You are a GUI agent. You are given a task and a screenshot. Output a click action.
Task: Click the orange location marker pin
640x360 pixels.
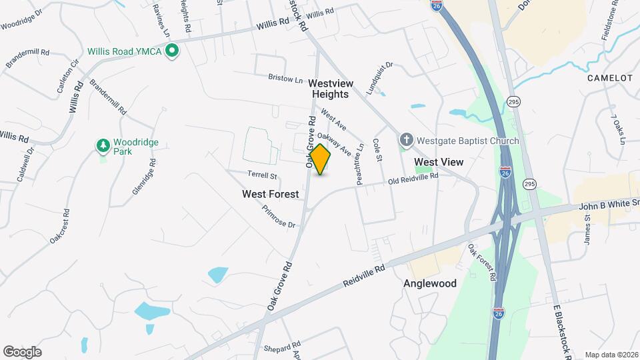pyautogui.click(x=321, y=159)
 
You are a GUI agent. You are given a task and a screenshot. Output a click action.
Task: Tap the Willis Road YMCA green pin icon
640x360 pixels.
pyautogui.click(x=172, y=51)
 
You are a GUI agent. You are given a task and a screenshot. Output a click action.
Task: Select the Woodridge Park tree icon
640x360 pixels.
pyautogui.click(x=103, y=145)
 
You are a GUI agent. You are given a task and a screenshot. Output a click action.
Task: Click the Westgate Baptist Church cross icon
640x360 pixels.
pyautogui.click(x=406, y=140)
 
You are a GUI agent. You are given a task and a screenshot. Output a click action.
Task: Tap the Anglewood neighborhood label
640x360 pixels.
pyautogui.click(x=430, y=283)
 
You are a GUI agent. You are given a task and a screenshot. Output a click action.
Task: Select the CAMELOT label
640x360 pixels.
pyautogui.click(x=609, y=78)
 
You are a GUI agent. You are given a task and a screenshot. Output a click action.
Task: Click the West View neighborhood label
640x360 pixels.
pyautogui.click(x=439, y=162)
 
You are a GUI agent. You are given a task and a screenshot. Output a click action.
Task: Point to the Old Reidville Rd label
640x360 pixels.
pyautogui.click(x=413, y=179)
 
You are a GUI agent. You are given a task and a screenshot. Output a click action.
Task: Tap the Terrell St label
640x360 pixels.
pyautogui.click(x=262, y=175)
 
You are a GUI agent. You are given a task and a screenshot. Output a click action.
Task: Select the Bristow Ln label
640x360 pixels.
pyautogui.click(x=285, y=78)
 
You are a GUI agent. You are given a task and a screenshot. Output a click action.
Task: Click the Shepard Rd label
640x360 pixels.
pyautogui.click(x=282, y=347)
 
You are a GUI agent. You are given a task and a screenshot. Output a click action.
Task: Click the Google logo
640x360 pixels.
pyautogui.click(x=22, y=351)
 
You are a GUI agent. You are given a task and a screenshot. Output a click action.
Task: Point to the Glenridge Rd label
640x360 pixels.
pyautogui.click(x=143, y=176)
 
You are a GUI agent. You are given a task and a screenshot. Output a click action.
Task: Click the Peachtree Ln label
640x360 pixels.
pyautogui.click(x=360, y=155)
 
